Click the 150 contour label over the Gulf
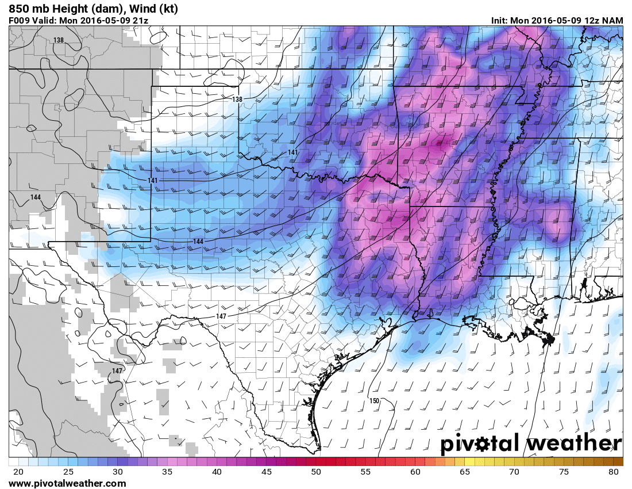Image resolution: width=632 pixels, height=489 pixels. pos(374,400)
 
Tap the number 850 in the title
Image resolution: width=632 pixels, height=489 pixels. pos(20,9)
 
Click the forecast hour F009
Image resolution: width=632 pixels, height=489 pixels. pos(19,21)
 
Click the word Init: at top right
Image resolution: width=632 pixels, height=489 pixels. pos(499,21)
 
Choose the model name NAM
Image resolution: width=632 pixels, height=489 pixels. pos(612,21)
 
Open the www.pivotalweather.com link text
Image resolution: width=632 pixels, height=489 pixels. pos(67,484)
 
